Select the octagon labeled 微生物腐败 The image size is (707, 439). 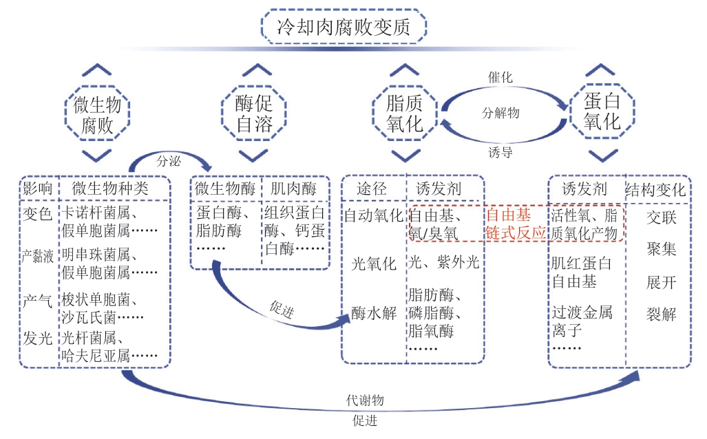pyautogui.click(x=101, y=115)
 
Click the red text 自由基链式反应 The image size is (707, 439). pyautogui.click(x=516, y=223)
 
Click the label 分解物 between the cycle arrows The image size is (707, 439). pyautogui.click(x=500, y=114)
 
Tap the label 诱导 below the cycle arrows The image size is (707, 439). pyautogui.click(x=500, y=152)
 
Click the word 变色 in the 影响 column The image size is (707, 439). pyautogui.click(x=38, y=214)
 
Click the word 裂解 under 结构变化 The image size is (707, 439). pyautogui.click(x=661, y=315)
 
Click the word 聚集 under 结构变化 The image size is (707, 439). pyautogui.click(x=661, y=248)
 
